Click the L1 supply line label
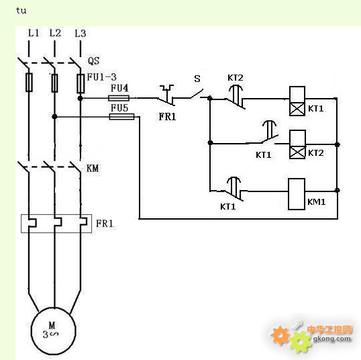point(34,33)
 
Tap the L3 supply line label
point(81,34)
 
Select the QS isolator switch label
point(94,61)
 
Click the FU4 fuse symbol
point(119,98)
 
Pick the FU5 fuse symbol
point(122,117)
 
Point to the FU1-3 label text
point(101,77)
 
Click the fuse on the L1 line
point(29,83)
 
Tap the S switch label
point(197,79)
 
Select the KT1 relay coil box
point(297,101)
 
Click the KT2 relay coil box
point(297,144)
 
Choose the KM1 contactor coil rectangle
point(297,194)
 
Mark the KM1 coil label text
point(316,202)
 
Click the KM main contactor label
point(93,168)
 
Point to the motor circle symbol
point(54,331)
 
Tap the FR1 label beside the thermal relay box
point(105,224)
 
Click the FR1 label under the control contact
point(167,117)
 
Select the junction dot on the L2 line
point(54,117)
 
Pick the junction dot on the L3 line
point(80,99)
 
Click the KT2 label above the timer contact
point(236,78)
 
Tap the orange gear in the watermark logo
point(280,335)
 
